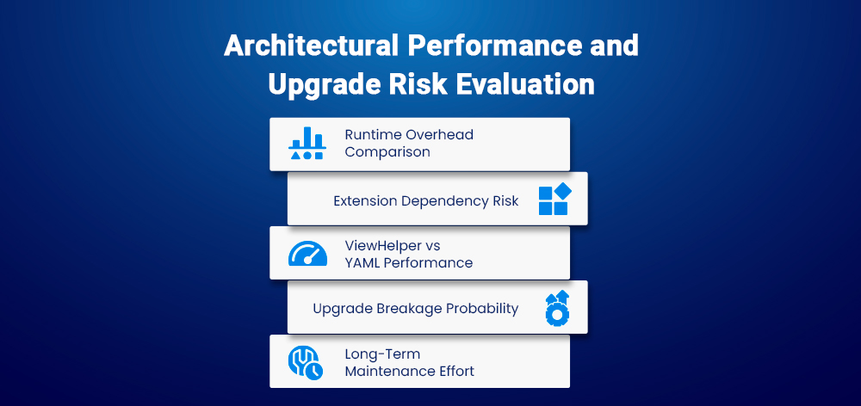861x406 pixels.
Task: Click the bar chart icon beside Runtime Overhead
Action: [x=307, y=144]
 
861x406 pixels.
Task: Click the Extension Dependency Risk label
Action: [x=425, y=200]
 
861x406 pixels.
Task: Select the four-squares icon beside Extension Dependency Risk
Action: [x=554, y=200]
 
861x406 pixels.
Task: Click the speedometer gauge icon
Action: [x=307, y=254]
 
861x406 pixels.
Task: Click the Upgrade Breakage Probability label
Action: [x=415, y=308]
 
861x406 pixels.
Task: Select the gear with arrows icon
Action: [x=557, y=308]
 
